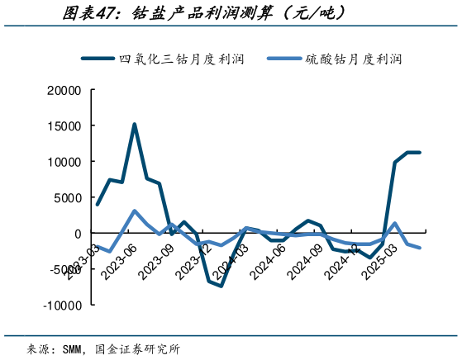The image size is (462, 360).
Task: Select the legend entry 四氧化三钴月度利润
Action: [182, 59]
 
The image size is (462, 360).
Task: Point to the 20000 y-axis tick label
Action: [63, 90]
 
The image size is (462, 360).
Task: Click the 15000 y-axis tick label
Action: [63, 126]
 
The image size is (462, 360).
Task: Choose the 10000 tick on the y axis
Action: [63, 162]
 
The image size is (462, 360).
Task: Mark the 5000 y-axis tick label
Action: [66, 197]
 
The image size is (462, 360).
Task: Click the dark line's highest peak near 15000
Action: [135, 125]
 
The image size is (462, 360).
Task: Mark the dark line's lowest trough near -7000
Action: [221, 286]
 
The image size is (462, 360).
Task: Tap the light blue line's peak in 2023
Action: [135, 211]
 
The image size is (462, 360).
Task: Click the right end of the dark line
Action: [420, 153]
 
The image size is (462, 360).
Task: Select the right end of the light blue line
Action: [420, 248]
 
